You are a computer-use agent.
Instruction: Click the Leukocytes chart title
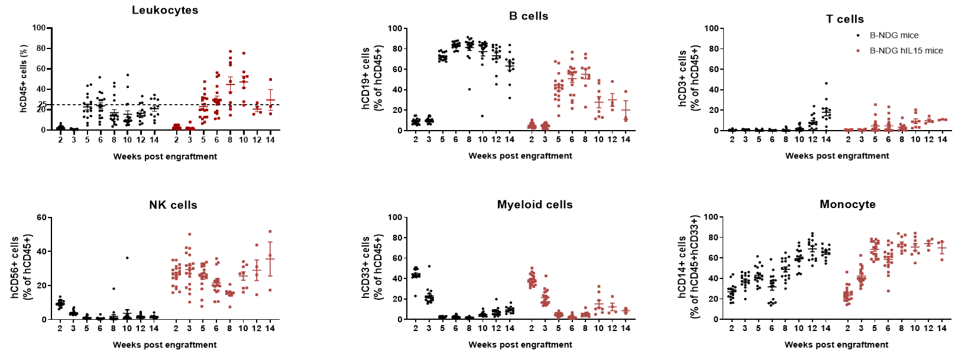(x=165, y=10)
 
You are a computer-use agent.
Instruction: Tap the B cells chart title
(x=529, y=16)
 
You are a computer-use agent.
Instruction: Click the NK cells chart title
(x=173, y=205)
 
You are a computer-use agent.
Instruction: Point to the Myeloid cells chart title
(x=535, y=205)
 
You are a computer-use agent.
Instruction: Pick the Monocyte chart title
(x=847, y=204)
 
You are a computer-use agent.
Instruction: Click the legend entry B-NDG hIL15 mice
(x=906, y=51)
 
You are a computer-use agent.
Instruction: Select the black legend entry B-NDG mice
(x=893, y=35)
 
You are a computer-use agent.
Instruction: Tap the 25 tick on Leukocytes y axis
(x=42, y=105)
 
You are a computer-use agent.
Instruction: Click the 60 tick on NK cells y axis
(x=41, y=218)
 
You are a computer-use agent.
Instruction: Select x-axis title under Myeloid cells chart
(x=520, y=345)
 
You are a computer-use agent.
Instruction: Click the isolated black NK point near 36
(x=127, y=258)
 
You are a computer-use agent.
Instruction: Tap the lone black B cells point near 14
(x=482, y=116)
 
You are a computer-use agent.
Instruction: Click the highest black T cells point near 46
(x=826, y=83)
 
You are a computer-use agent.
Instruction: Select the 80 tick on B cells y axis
(x=397, y=49)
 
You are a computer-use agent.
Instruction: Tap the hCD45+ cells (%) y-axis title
(x=24, y=79)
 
